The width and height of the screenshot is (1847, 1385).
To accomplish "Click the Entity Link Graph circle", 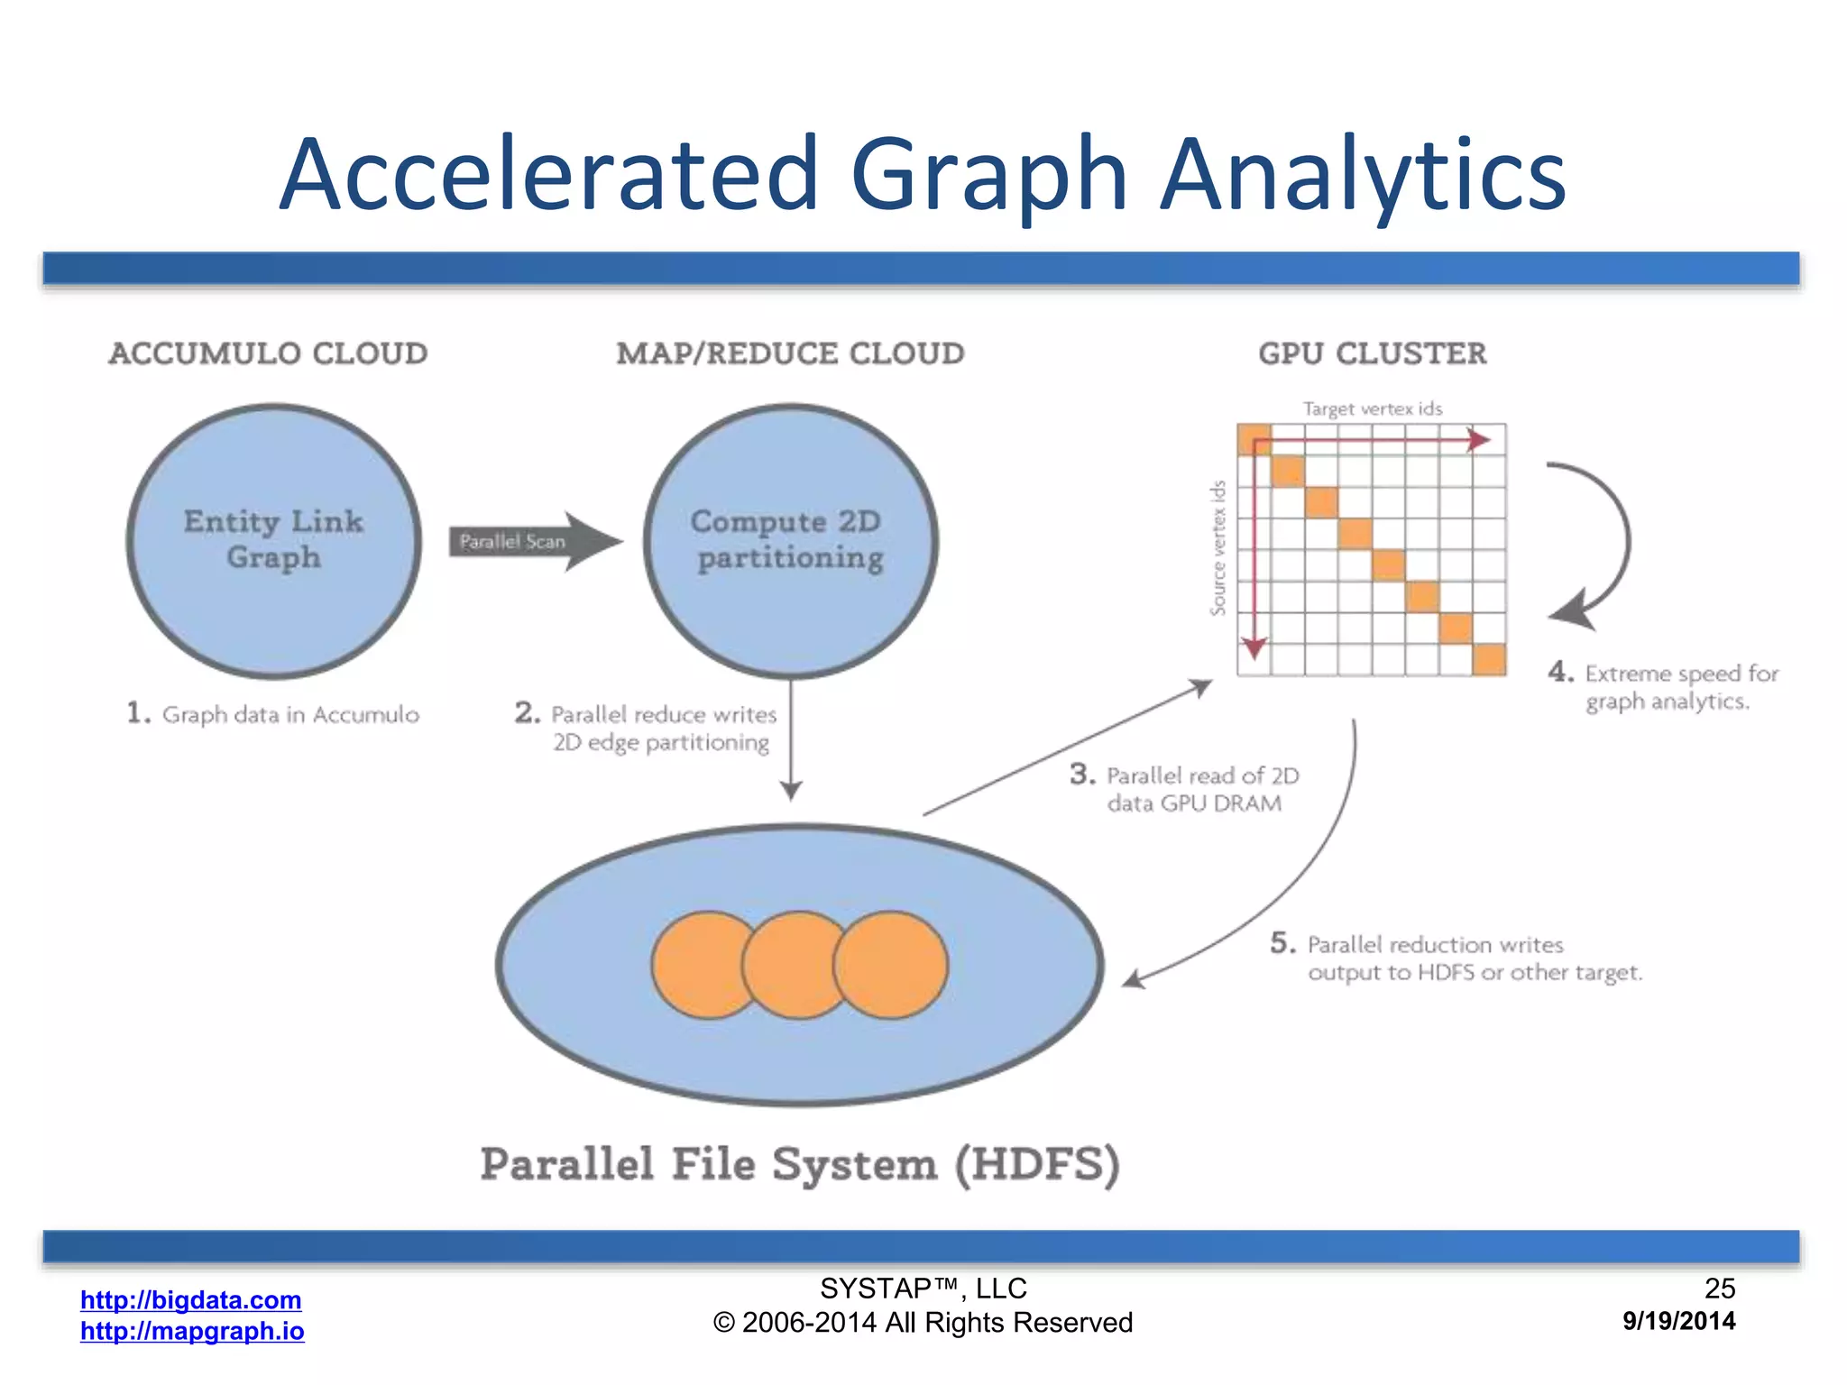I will pos(273,541).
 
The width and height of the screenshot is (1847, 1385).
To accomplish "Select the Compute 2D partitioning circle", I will pos(790,541).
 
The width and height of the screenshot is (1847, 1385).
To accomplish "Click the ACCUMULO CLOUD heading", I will pos(268,353).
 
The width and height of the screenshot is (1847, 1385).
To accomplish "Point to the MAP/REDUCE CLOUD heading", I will pos(790,353).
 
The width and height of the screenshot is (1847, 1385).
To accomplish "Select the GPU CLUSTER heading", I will pos(1372,353).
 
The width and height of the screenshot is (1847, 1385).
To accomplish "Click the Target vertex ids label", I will pos(1372,409).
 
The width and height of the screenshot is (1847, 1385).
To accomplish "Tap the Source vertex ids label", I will pos(1218,548).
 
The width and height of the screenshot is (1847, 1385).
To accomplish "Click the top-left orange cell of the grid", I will pos(1254,439).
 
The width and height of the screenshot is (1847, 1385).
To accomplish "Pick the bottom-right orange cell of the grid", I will pos(1489,659).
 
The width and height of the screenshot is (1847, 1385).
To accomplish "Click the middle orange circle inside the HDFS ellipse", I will pos(797,965).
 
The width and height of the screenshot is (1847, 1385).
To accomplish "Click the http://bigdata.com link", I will pos(190,1299).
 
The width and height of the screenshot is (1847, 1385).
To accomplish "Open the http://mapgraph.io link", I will pos(192,1331).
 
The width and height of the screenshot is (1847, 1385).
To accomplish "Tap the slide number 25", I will pos(1719,1289).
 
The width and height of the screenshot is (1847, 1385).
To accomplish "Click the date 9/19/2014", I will pos(1678,1321).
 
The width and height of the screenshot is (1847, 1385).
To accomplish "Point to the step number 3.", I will pos(1082,775).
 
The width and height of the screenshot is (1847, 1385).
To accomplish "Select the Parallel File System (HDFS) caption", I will pos(799,1164).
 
